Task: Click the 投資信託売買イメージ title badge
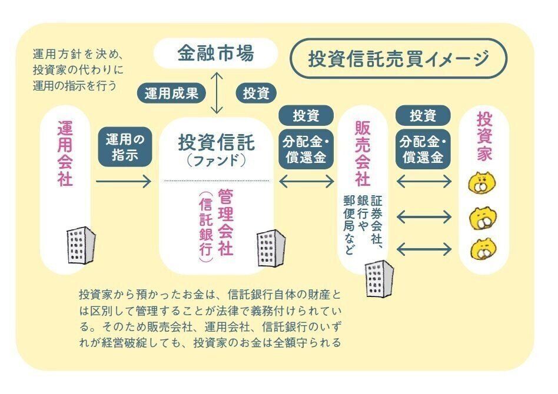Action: (x=398, y=58)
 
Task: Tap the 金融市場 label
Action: (x=215, y=54)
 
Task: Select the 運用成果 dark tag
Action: (x=171, y=92)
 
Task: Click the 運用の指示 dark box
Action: (x=125, y=147)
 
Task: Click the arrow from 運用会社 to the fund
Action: (x=123, y=182)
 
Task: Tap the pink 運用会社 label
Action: (x=65, y=154)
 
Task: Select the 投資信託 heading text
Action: (x=216, y=142)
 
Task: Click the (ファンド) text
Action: (x=215, y=160)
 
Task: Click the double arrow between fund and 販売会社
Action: (x=306, y=182)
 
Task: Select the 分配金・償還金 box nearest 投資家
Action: (x=423, y=150)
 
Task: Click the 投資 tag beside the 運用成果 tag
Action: (x=256, y=92)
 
